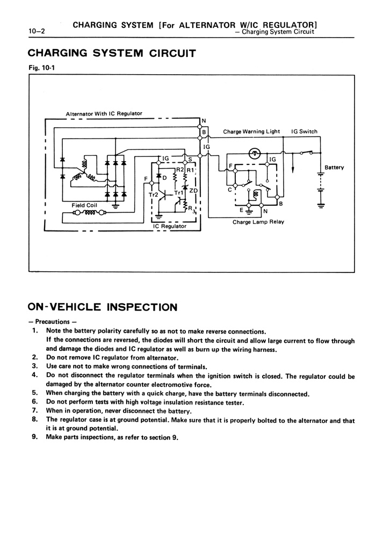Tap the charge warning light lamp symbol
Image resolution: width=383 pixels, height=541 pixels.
[x=256, y=153]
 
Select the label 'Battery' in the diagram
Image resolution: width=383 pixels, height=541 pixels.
[x=334, y=168]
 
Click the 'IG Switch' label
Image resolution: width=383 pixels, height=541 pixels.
[x=304, y=132]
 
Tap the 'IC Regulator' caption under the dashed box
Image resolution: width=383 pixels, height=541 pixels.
[x=169, y=226]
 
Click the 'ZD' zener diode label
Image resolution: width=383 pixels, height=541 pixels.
[x=194, y=190]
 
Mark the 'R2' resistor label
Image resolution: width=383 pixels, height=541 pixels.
[x=180, y=170]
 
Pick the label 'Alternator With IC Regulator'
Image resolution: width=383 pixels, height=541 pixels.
[x=104, y=113]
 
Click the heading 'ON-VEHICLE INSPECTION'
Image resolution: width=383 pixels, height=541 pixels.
[x=102, y=307]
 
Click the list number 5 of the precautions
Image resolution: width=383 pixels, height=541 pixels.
[x=34, y=393]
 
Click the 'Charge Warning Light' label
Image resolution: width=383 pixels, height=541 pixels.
[x=251, y=132]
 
